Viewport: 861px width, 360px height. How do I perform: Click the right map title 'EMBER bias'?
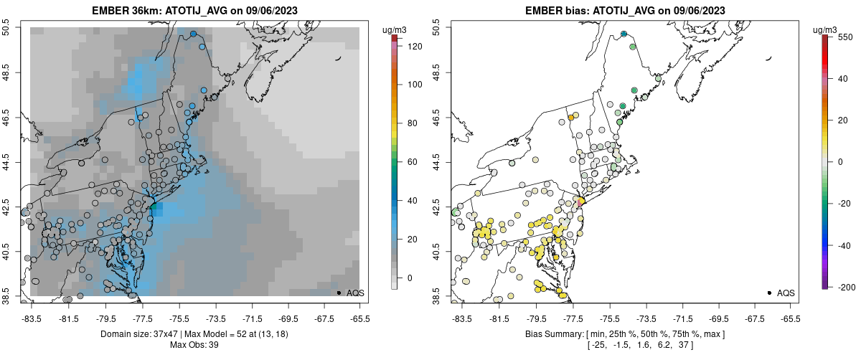tap(552, 11)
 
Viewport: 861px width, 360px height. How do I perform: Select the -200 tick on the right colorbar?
tap(845, 287)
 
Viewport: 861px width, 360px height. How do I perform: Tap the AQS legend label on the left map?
tap(355, 293)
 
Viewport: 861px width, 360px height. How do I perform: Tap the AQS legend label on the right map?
tap(786, 293)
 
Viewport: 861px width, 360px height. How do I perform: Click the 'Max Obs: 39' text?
tap(194, 345)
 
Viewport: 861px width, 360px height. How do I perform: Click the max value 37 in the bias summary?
tap(684, 345)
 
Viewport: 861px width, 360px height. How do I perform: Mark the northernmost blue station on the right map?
tap(624, 34)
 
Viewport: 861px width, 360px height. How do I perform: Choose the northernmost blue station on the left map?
tap(194, 34)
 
